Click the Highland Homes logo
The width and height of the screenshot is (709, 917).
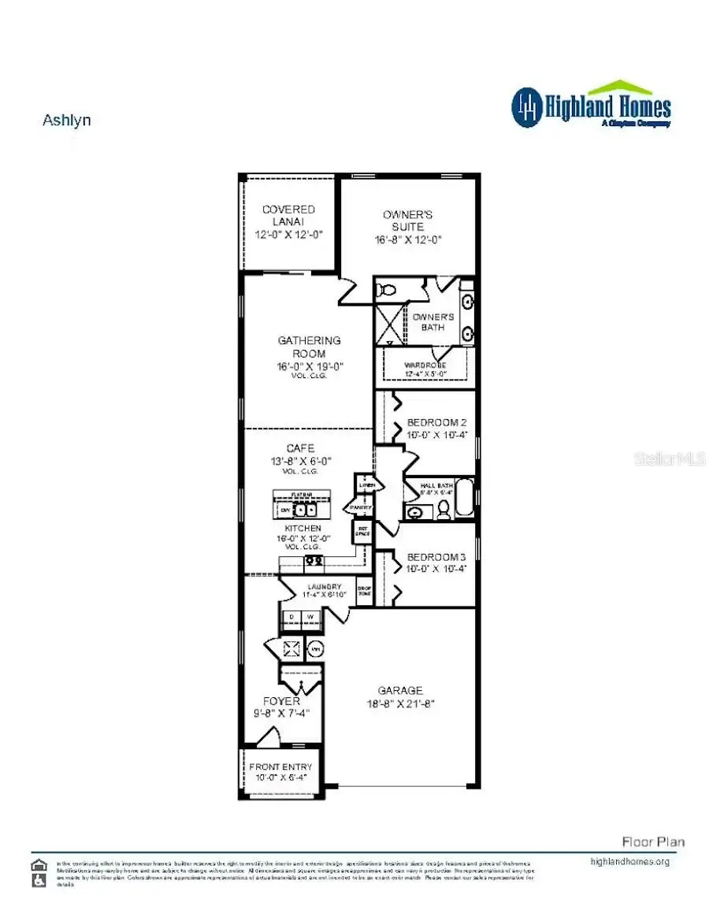591,106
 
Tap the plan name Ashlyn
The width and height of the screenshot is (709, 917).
66,121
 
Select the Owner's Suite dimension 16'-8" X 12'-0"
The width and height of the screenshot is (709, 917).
408,239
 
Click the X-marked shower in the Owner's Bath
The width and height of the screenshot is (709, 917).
388,325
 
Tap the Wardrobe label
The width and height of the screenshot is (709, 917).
426,366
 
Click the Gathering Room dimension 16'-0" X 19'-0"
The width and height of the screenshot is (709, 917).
310,366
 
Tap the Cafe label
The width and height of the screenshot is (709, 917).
300,448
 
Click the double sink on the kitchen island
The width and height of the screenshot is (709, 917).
304,510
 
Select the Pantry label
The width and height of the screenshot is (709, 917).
362,507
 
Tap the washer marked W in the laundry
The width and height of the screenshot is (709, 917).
312,616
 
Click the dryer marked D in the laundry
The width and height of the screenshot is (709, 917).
292,616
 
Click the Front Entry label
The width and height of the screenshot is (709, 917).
280,767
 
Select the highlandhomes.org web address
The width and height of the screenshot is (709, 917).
629,862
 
